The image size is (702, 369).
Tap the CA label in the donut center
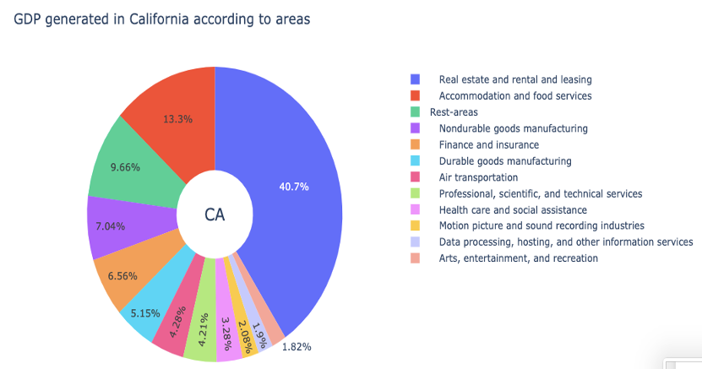[215, 214]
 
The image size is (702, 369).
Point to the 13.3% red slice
[178, 119]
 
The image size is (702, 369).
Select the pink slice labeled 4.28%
[174, 331]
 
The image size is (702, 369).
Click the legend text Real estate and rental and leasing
[514, 79]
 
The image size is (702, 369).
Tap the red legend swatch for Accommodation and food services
[415, 95]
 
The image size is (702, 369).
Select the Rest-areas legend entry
[454, 111]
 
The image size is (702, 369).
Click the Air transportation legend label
[478, 177]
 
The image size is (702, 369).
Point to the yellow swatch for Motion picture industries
[415, 225]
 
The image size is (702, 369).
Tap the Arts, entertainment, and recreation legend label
[518, 258]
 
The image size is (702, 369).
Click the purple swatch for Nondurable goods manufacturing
[415, 128]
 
